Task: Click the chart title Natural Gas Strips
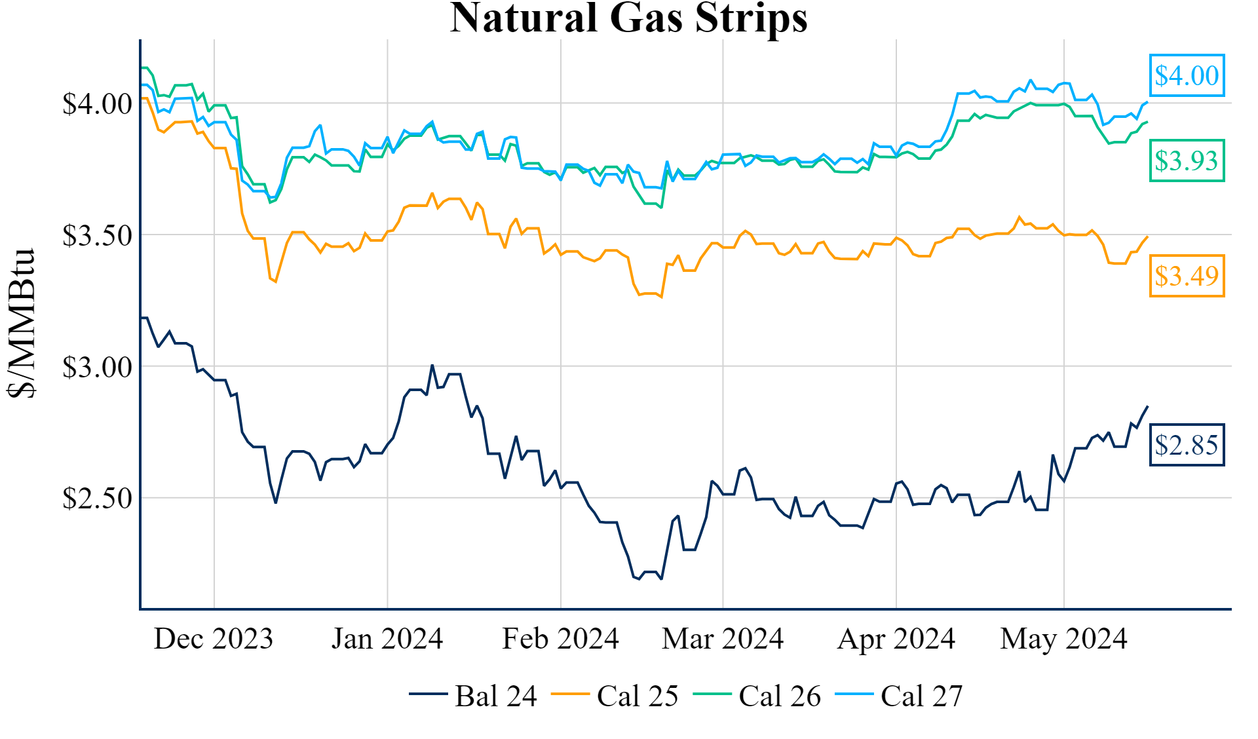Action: pos(628,18)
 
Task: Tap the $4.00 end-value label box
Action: pos(1187,76)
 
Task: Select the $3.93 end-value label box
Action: pos(1187,161)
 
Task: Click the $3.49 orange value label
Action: pos(1187,276)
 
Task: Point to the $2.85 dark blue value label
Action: pos(1187,445)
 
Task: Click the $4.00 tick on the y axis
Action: pos(97,104)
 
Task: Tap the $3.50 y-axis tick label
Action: pos(97,236)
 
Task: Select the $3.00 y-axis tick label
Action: pos(97,368)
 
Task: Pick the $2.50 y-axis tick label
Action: pos(97,499)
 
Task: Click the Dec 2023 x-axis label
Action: pos(214,639)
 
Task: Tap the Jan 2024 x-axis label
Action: pos(387,639)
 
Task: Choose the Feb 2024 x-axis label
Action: pos(560,639)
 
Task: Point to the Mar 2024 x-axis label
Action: pos(723,639)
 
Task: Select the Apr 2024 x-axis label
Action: pos(896,639)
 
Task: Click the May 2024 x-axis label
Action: pos(1063,639)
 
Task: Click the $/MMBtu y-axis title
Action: pos(22,323)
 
